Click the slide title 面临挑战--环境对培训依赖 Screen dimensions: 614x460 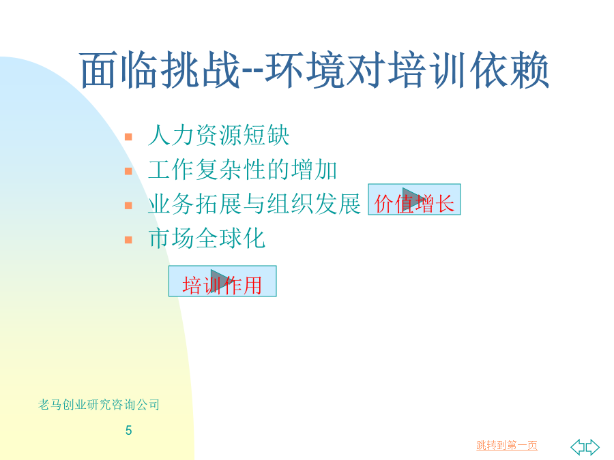(315, 70)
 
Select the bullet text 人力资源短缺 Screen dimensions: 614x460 (218, 136)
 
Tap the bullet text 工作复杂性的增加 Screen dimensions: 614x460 (242, 170)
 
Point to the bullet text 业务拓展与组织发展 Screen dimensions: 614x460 (254, 204)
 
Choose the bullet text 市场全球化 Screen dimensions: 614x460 (207, 239)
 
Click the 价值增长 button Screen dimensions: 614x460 (414, 200)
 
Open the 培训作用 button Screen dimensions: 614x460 (222, 281)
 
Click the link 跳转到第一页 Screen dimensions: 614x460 (507, 445)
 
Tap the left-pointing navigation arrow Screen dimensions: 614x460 (578, 447)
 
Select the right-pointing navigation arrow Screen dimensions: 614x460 (592, 447)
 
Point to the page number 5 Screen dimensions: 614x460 (128, 430)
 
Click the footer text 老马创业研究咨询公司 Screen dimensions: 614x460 (99, 404)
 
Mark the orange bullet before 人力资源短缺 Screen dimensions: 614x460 (128, 137)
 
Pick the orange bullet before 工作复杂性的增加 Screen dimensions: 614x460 (128, 171)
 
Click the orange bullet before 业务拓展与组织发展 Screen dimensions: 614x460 (128, 205)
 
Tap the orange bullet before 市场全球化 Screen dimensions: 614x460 (128, 239)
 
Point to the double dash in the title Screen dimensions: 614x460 (253, 72)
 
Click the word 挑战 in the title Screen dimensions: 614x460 (200, 70)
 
